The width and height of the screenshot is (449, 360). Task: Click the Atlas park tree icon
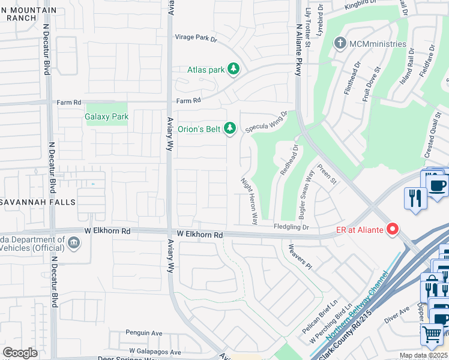pos(233,70)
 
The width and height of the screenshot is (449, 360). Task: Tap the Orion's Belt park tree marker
pos(229,127)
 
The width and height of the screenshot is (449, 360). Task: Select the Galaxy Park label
pos(106,117)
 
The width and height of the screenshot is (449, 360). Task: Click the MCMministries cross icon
pos(340,44)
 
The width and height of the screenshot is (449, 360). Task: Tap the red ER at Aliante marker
pos(393,229)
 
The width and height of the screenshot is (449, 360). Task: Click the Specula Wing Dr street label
pos(267,122)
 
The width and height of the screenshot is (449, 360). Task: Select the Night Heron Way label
pos(249,201)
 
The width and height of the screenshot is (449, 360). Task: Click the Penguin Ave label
pos(143,332)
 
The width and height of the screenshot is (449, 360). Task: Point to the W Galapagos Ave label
pos(155,352)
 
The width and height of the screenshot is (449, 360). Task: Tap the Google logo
pos(20,353)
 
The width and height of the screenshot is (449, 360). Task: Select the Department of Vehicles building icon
pos(73,242)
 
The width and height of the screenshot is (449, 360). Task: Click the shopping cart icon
pos(432,334)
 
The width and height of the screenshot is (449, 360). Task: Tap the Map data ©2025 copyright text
pos(423,356)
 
